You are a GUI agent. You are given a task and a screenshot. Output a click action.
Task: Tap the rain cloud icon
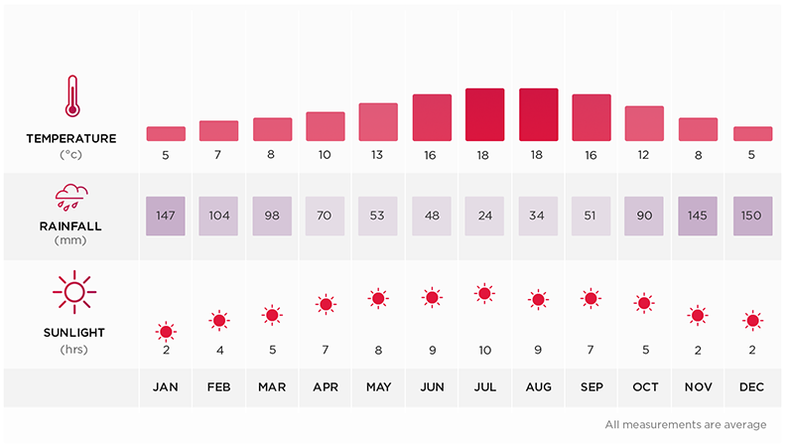(x=71, y=195)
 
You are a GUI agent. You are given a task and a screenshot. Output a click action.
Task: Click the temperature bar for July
(x=484, y=114)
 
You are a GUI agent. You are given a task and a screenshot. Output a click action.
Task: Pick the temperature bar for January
(x=166, y=133)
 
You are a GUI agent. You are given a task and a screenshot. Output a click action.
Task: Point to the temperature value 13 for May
(x=378, y=154)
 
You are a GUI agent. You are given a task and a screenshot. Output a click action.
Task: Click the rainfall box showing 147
(x=166, y=217)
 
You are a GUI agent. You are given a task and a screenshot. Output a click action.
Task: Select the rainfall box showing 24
(x=484, y=217)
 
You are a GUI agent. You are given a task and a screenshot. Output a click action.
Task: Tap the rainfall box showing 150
(x=752, y=217)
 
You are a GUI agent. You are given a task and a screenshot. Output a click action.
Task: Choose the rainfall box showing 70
(x=325, y=217)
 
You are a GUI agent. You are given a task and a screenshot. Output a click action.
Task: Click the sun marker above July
(x=484, y=293)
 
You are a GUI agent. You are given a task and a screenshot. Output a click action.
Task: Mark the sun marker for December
(x=752, y=320)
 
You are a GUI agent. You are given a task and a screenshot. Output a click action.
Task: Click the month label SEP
(x=591, y=388)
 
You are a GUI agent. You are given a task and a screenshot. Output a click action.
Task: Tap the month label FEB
(x=218, y=388)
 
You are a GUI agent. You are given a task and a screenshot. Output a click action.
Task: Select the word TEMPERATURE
(x=71, y=138)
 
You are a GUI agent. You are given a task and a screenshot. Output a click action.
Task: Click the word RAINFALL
(x=71, y=225)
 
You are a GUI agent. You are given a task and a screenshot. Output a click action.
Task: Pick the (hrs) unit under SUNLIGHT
(x=71, y=349)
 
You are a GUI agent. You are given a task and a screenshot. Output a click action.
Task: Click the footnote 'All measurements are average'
(x=685, y=424)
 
